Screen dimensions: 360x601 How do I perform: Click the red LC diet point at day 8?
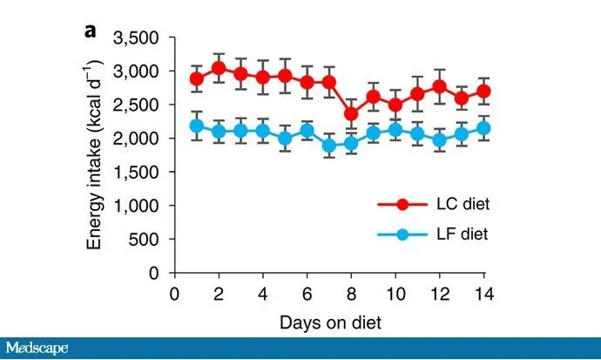[351, 113]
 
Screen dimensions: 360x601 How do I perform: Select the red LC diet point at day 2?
[219, 68]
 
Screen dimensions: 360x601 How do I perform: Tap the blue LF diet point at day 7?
[329, 146]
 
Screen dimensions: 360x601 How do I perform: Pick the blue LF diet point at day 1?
[197, 126]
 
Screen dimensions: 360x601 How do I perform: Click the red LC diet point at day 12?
[439, 85]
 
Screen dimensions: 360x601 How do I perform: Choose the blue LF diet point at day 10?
[395, 130]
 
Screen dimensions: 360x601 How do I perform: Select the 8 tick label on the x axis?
[351, 292]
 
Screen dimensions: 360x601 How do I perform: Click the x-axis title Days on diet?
[330, 323]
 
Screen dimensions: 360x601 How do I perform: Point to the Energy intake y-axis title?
[94, 154]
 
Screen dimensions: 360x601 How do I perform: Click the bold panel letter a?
[90, 31]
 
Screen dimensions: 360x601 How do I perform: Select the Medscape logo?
[37, 349]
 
